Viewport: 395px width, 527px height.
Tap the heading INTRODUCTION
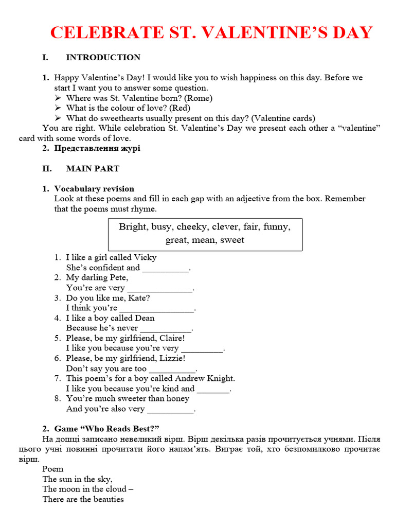click(103, 57)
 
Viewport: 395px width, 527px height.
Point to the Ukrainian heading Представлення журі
click(97, 148)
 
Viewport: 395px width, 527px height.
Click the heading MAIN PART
click(93, 168)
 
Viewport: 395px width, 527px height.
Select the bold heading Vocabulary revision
click(94, 189)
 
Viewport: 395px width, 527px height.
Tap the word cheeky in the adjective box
click(192, 227)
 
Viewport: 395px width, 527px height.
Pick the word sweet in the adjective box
click(232, 240)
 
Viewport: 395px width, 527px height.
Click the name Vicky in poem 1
click(145, 257)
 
